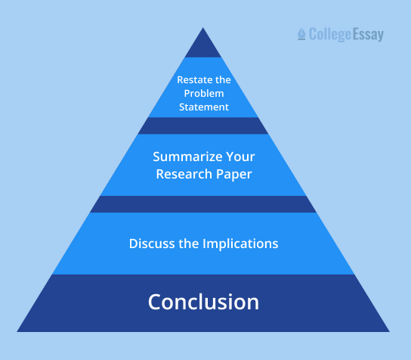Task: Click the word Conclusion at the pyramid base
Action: tap(203, 303)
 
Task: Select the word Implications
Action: tap(243, 244)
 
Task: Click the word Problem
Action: tap(203, 94)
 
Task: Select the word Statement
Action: tap(203, 107)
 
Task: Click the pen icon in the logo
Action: tap(302, 34)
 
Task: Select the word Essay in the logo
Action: tap(369, 35)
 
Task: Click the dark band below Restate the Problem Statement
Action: tap(203, 126)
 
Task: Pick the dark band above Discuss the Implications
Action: tap(203, 204)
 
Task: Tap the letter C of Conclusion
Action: tap(156, 303)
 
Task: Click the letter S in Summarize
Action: tap(157, 157)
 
